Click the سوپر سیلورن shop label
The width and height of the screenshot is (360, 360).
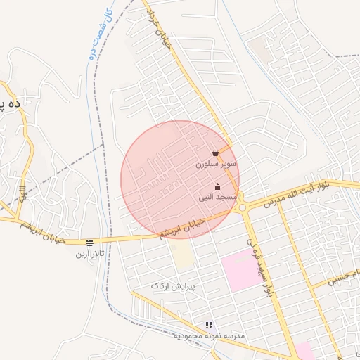click(217, 164)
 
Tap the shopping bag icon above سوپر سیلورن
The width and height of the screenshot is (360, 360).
click(215, 153)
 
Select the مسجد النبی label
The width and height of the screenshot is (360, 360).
click(217, 198)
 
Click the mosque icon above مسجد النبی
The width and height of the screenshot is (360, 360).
click(217, 187)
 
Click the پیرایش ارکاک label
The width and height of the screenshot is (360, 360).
click(172, 286)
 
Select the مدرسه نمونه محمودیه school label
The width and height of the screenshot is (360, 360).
click(209, 336)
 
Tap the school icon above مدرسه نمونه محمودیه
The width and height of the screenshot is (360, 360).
click(208, 325)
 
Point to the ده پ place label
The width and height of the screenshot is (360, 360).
click(11, 104)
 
